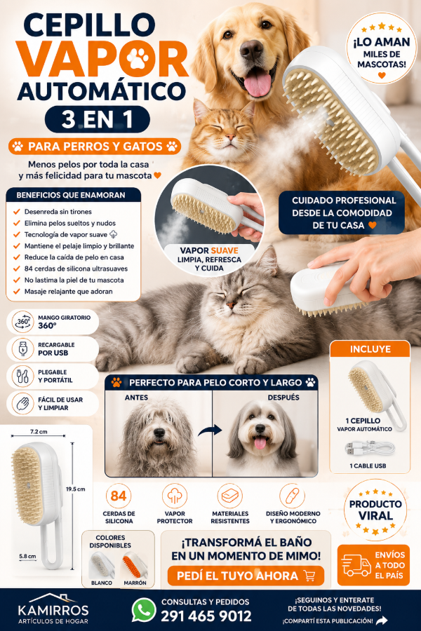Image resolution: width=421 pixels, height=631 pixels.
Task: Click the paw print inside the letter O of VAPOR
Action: click(138, 58)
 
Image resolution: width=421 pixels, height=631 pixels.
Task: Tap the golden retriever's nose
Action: click(251, 50)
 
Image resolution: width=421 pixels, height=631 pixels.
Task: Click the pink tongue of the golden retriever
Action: click(258, 83)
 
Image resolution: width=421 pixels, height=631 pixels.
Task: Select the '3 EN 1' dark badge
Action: click(97, 119)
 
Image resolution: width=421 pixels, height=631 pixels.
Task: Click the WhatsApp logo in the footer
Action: click(144, 610)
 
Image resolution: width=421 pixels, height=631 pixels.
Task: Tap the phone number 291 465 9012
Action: click(206, 616)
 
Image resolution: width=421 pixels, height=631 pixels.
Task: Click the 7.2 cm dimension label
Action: click(39, 431)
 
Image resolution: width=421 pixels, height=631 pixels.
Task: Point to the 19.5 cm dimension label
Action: click(76, 489)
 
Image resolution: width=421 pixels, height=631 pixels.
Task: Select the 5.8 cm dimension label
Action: click(27, 556)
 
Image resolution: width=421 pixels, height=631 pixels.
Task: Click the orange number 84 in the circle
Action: click(119, 496)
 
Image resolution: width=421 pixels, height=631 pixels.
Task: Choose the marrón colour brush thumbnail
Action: click(135, 565)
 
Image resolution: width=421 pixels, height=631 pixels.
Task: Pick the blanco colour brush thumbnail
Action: click(102, 565)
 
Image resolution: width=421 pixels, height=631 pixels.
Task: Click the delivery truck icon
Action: click(356, 565)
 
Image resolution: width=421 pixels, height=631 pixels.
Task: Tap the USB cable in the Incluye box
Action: click(370, 449)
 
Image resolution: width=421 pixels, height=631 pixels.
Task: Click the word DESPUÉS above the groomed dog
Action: click(283, 398)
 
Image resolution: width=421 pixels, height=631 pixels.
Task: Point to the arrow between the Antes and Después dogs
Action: click(210, 430)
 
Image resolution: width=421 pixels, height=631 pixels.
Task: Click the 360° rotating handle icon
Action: click(23, 322)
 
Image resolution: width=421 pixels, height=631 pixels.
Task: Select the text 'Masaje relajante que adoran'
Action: click(69, 292)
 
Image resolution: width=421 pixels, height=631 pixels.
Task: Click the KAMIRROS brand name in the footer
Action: click(53, 610)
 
